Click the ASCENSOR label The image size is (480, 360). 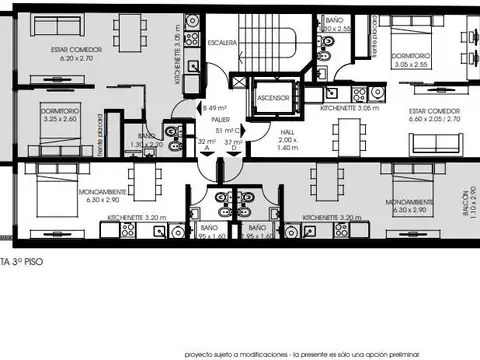[x=273, y=98]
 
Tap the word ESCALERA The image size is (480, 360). [x=223, y=43]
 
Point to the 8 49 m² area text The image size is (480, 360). [x=214, y=107]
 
